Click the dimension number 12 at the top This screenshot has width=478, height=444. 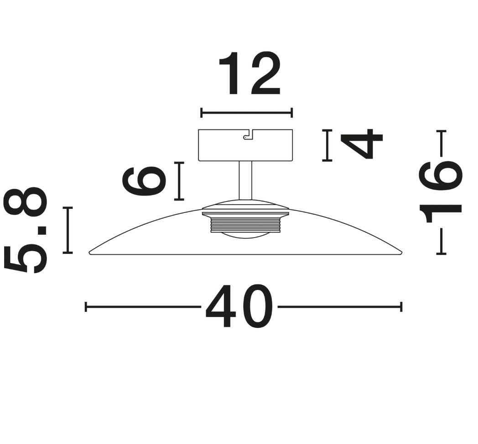click(249, 73)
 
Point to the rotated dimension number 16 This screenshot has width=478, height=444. click(441, 192)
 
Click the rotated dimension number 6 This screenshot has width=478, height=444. click(144, 181)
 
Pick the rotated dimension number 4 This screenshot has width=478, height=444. click(361, 144)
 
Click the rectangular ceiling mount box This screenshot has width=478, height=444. click(245, 145)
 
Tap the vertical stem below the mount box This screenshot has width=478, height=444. click(245, 181)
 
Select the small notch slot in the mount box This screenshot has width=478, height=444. click(248, 135)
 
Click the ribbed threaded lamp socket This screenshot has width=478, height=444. click(245, 222)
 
